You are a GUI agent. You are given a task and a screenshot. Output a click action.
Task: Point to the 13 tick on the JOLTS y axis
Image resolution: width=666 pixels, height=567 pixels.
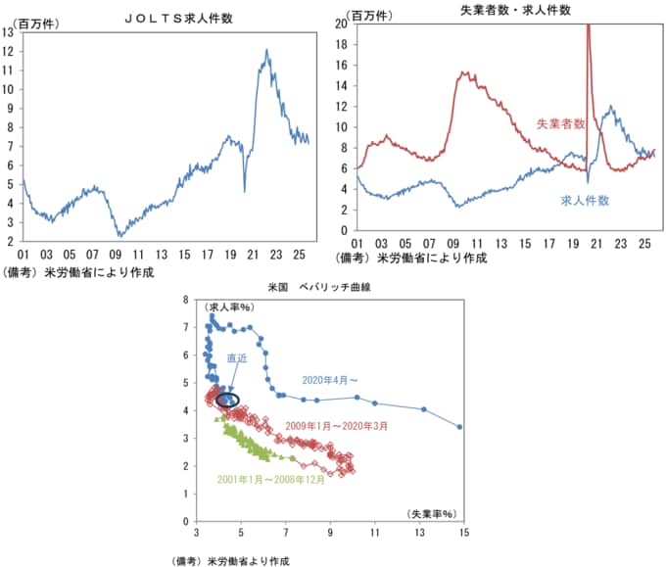[x=10, y=31]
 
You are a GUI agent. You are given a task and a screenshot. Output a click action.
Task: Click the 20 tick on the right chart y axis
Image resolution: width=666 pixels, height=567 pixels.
[x=341, y=23]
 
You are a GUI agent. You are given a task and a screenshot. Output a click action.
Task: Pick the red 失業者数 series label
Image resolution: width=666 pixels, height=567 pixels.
[x=560, y=124]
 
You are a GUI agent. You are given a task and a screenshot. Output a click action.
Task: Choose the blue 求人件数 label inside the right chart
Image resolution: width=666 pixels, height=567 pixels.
[x=585, y=200]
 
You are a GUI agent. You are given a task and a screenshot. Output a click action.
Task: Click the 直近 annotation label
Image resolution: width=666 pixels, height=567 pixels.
[x=237, y=358]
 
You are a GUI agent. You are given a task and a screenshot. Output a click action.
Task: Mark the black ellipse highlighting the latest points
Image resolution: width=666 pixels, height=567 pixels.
[x=227, y=400]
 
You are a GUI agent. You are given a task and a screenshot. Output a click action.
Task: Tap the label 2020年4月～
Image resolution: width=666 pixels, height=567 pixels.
[x=329, y=379]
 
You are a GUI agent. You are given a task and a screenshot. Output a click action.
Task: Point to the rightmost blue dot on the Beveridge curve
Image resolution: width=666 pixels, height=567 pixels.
[x=459, y=427]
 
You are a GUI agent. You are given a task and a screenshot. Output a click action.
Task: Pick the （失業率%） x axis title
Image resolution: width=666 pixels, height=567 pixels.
[x=431, y=512]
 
